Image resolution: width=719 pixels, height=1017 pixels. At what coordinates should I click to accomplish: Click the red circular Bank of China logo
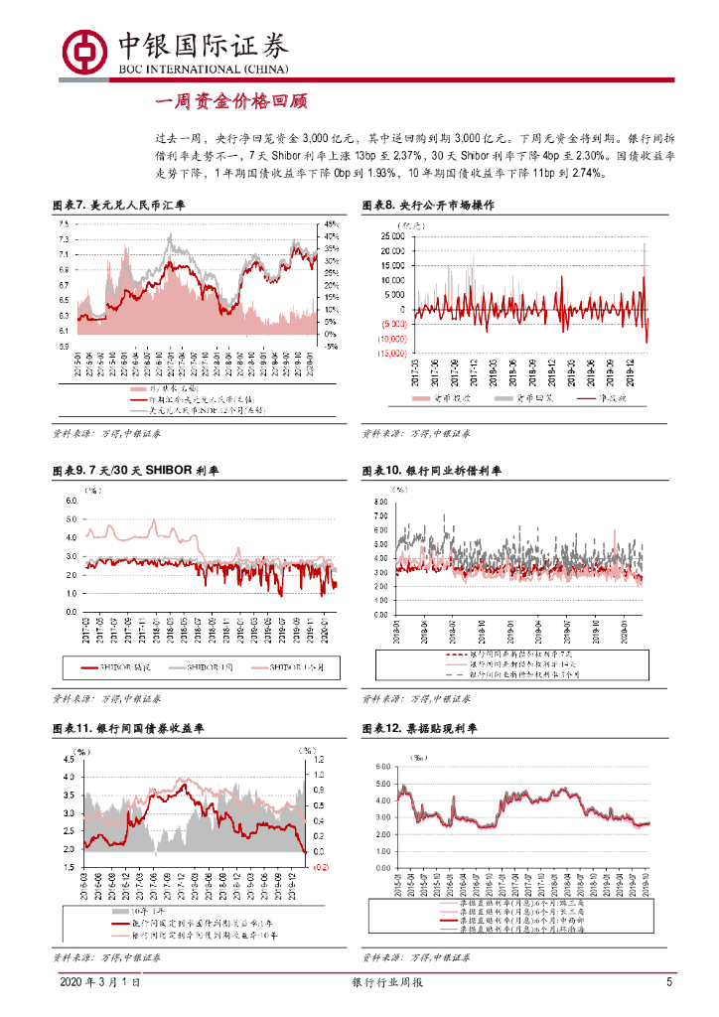(84, 49)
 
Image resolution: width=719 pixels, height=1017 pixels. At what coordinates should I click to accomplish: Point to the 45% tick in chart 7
(332, 224)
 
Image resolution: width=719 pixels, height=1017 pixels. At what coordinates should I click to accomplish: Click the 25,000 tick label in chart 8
(395, 236)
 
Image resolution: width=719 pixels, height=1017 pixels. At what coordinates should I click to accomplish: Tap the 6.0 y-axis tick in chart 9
(71, 501)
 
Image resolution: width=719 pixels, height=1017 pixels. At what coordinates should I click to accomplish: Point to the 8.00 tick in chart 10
(379, 503)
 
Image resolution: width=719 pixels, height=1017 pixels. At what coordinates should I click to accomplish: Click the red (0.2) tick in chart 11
(322, 868)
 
